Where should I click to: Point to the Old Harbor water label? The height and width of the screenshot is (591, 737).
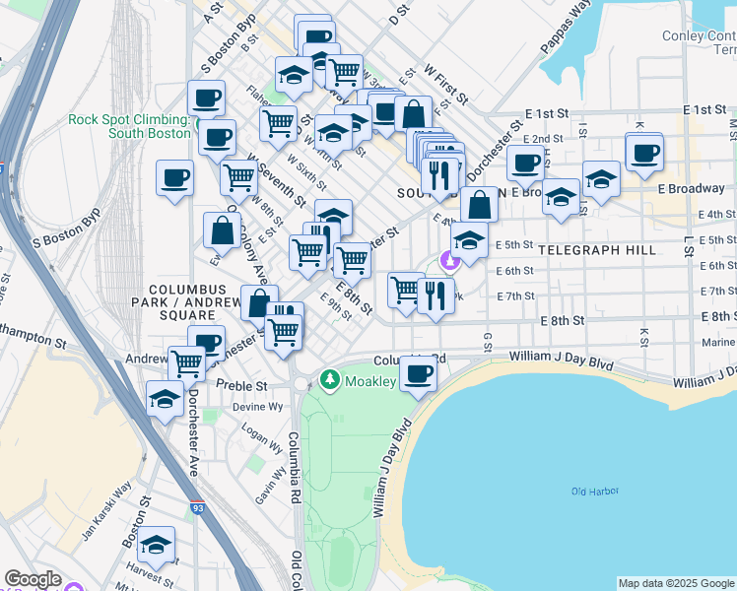pos(592,491)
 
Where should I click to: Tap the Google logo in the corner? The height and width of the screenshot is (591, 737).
pos(33,579)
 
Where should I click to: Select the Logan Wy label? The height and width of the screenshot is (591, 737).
pos(255,433)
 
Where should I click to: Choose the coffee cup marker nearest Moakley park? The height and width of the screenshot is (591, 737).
pos(418,373)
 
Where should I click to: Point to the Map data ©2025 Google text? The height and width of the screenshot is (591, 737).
pos(675,583)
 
